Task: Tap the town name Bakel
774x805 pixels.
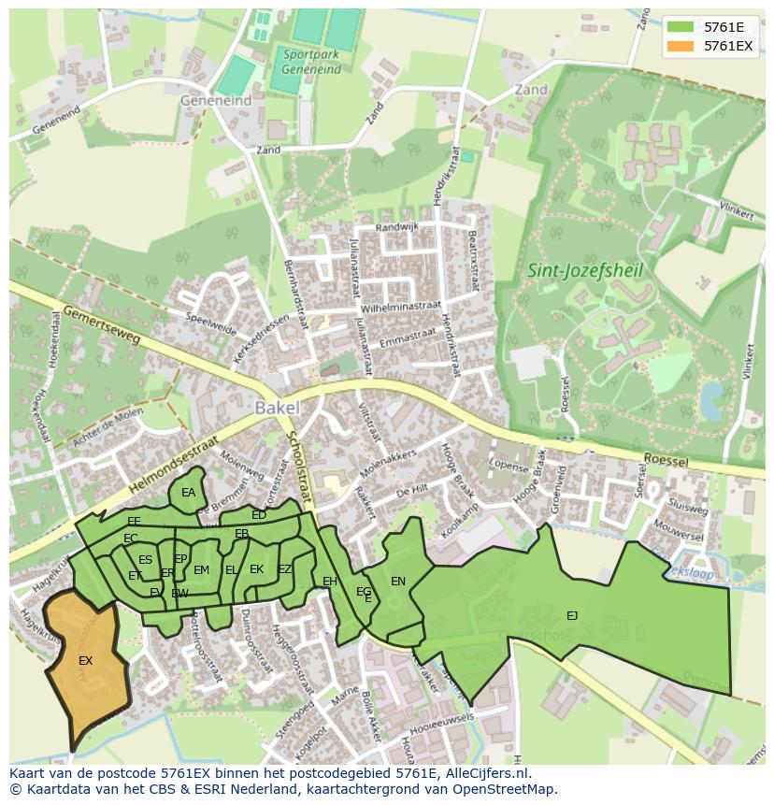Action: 277,408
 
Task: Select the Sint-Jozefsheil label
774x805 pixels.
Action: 574,271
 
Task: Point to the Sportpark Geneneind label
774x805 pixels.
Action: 311,62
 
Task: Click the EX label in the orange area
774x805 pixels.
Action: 85,661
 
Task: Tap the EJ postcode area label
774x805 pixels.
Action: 571,615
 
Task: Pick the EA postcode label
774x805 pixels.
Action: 188,493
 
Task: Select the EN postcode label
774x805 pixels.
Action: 397,582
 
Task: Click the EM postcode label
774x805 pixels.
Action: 201,570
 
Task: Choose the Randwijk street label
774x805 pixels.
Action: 397,227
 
